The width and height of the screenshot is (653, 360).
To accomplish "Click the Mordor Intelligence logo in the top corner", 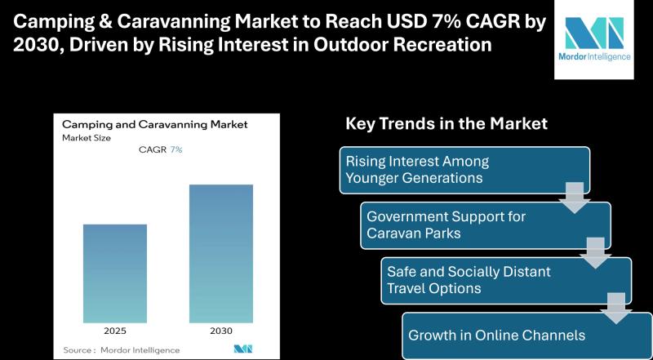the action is pyautogui.click(x=594, y=39).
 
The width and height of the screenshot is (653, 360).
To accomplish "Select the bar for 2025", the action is pyautogui.click(x=115, y=273).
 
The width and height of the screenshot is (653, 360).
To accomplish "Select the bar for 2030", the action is pyautogui.click(x=221, y=253).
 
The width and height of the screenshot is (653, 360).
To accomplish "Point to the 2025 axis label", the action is pyautogui.click(x=115, y=331).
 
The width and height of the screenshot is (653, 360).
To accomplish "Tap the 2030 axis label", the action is pyautogui.click(x=221, y=331).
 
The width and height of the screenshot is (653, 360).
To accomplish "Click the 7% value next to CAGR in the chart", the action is pyautogui.click(x=176, y=149).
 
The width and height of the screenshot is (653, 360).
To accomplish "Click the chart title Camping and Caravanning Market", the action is pyautogui.click(x=155, y=125).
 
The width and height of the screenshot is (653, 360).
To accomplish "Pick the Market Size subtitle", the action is pyautogui.click(x=87, y=138).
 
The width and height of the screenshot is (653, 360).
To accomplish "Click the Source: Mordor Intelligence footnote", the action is pyautogui.click(x=122, y=350).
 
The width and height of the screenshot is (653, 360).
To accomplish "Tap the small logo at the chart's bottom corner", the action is pyautogui.click(x=242, y=349).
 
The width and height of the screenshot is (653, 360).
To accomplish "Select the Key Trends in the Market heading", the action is pyautogui.click(x=446, y=124).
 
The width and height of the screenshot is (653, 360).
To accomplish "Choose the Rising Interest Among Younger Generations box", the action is pyautogui.click(x=464, y=170).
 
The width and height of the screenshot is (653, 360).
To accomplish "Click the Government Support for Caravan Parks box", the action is pyautogui.click(x=486, y=225).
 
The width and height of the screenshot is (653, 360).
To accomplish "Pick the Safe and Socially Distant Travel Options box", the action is pyautogui.click(x=506, y=281).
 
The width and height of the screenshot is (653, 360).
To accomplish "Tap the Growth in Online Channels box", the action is pyautogui.click(x=527, y=336).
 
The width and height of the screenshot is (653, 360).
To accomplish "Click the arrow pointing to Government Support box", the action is pyautogui.click(x=575, y=198).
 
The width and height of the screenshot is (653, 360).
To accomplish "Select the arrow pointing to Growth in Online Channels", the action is pyautogui.click(x=616, y=309).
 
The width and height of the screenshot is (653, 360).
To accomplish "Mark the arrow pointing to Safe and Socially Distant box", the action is pyautogui.click(x=596, y=253).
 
